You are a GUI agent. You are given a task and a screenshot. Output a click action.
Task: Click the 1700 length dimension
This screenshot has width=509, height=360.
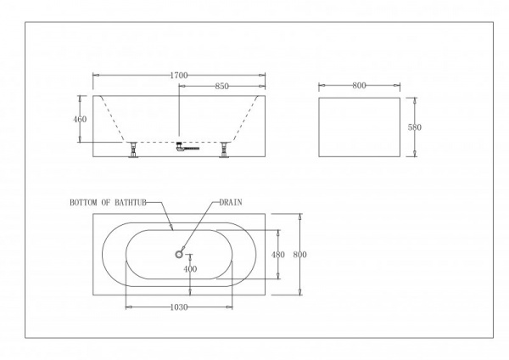178,76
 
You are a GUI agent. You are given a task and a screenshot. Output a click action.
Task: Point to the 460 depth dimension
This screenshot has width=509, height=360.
80,119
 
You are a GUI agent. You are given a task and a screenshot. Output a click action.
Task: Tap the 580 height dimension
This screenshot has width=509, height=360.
415,127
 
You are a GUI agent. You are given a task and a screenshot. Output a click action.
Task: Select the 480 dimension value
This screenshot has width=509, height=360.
277,254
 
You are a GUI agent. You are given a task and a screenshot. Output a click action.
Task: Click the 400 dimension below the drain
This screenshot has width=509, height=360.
190,269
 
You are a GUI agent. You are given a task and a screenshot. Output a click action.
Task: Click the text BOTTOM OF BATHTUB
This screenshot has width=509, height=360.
109,204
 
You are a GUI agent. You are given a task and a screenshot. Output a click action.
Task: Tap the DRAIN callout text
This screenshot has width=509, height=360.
232,204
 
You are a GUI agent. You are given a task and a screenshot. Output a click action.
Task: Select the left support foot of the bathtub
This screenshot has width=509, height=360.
133,150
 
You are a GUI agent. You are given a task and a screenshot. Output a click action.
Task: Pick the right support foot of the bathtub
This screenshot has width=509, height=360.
225,150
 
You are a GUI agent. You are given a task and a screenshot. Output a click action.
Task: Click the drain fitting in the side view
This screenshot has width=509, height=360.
180,147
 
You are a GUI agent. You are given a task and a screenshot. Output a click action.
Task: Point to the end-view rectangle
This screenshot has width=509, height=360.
358,127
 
